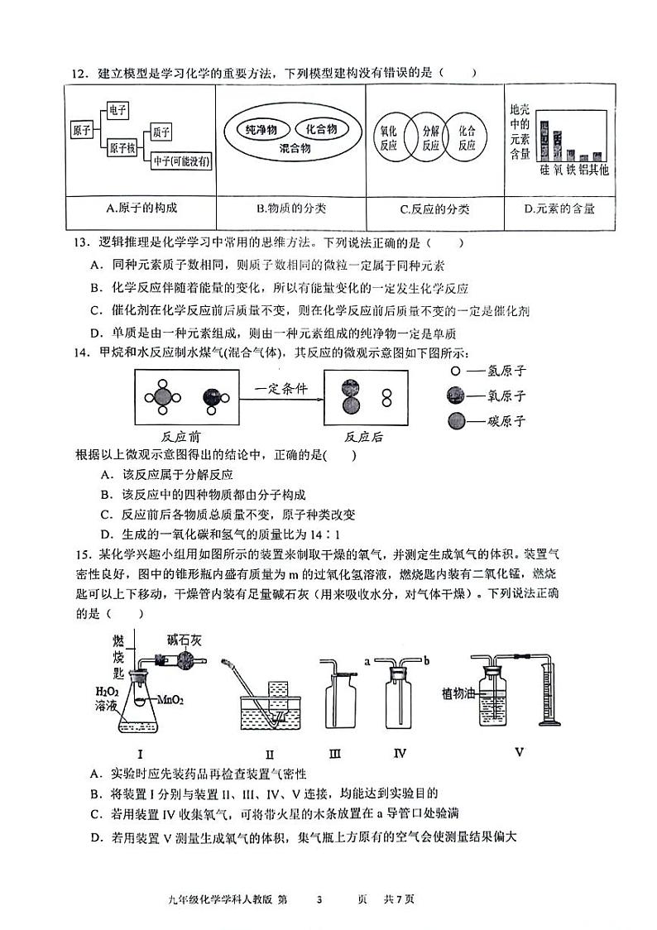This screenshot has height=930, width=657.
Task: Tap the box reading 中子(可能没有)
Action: coord(180,162)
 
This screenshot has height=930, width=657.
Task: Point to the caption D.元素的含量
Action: coord(559,209)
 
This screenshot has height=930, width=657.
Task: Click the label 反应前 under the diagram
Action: coord(184,437)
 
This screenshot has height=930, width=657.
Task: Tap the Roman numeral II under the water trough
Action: coord(270,754)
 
